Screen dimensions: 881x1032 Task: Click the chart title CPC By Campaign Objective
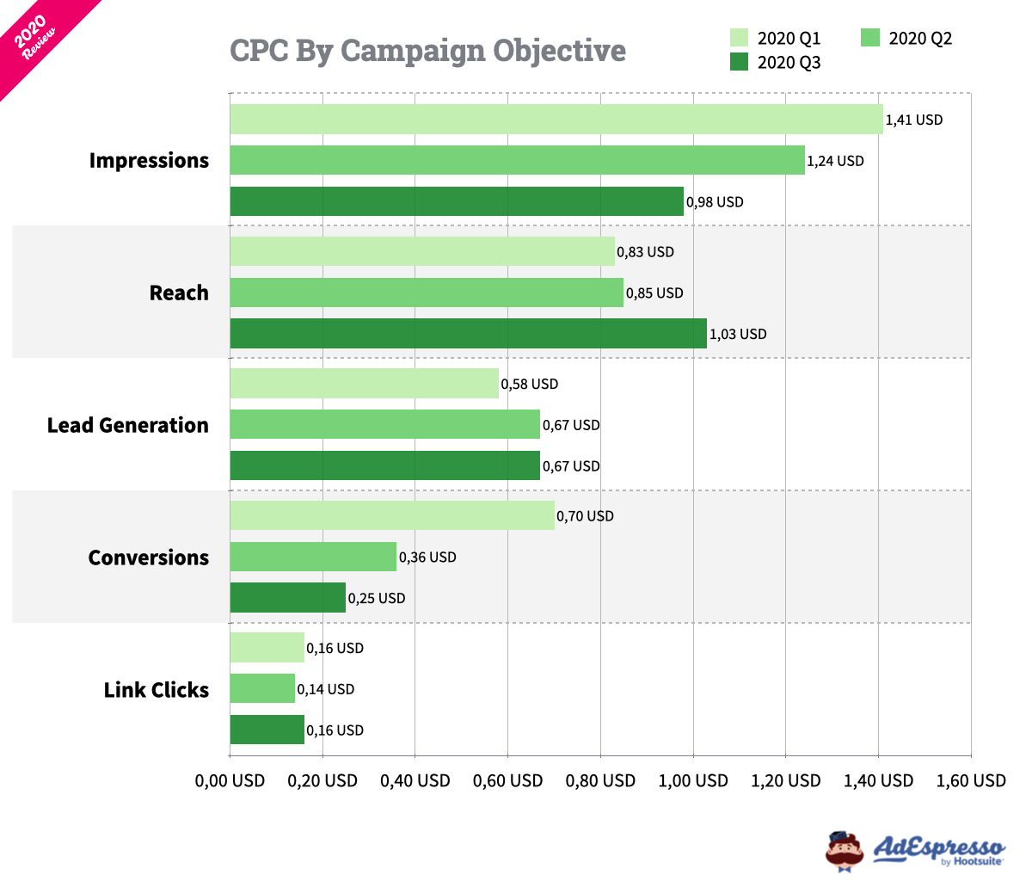pos(427,51)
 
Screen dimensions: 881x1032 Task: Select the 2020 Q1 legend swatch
pos(739,38)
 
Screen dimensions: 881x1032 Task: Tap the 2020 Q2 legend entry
pos(906,38)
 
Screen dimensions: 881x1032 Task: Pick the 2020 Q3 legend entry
pos(775,62)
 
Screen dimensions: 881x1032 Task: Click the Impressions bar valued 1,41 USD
pos(556,120)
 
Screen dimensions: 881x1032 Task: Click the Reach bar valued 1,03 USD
pos(468,334)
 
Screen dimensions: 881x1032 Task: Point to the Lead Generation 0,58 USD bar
pos(364,384)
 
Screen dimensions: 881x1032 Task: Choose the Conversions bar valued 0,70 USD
pos(391,516)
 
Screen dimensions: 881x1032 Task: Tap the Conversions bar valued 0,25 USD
pos(287,598)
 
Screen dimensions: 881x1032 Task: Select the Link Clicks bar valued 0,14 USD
pos(262,689)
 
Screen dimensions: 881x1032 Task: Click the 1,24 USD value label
pos(835,161)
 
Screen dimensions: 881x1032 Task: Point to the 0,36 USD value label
pos(427,558)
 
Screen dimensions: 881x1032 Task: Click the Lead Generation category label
pos(127,425)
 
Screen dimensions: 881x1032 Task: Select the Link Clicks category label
pos(156,690)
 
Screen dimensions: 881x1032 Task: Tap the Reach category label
pos(179,293)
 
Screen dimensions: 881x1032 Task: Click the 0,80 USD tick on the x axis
pos(600,780)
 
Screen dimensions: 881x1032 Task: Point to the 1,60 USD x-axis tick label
pos(970,780)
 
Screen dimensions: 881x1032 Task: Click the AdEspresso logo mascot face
pos(844,851)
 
